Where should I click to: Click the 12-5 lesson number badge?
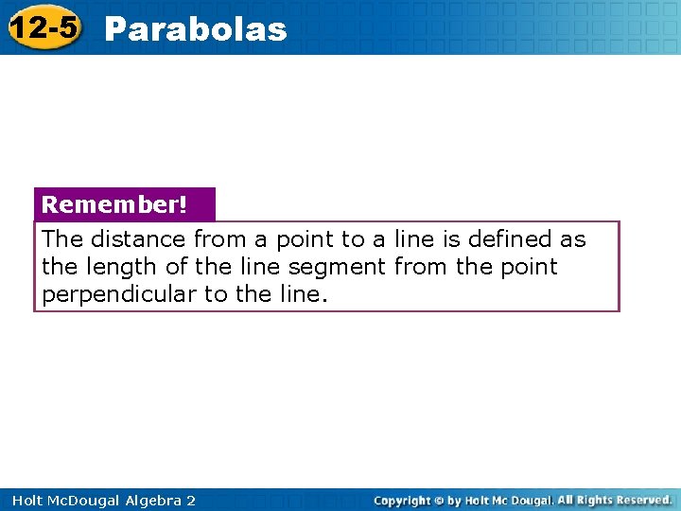pos(44,27)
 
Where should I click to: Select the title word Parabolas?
pos(196,29)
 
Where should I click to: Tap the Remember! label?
pos(114,204)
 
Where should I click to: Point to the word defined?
pos(506,239)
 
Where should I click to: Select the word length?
pos(122,267)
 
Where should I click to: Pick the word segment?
pos(341,268)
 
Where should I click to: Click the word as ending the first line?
pos(571,240)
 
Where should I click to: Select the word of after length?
pos(177,267)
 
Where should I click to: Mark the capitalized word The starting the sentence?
pos(62,239)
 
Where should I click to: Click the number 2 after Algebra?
pos(191,500)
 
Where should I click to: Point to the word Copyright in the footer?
pos(402,500)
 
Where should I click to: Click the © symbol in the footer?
pos(440,500)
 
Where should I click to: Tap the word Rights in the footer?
pos(594,500)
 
